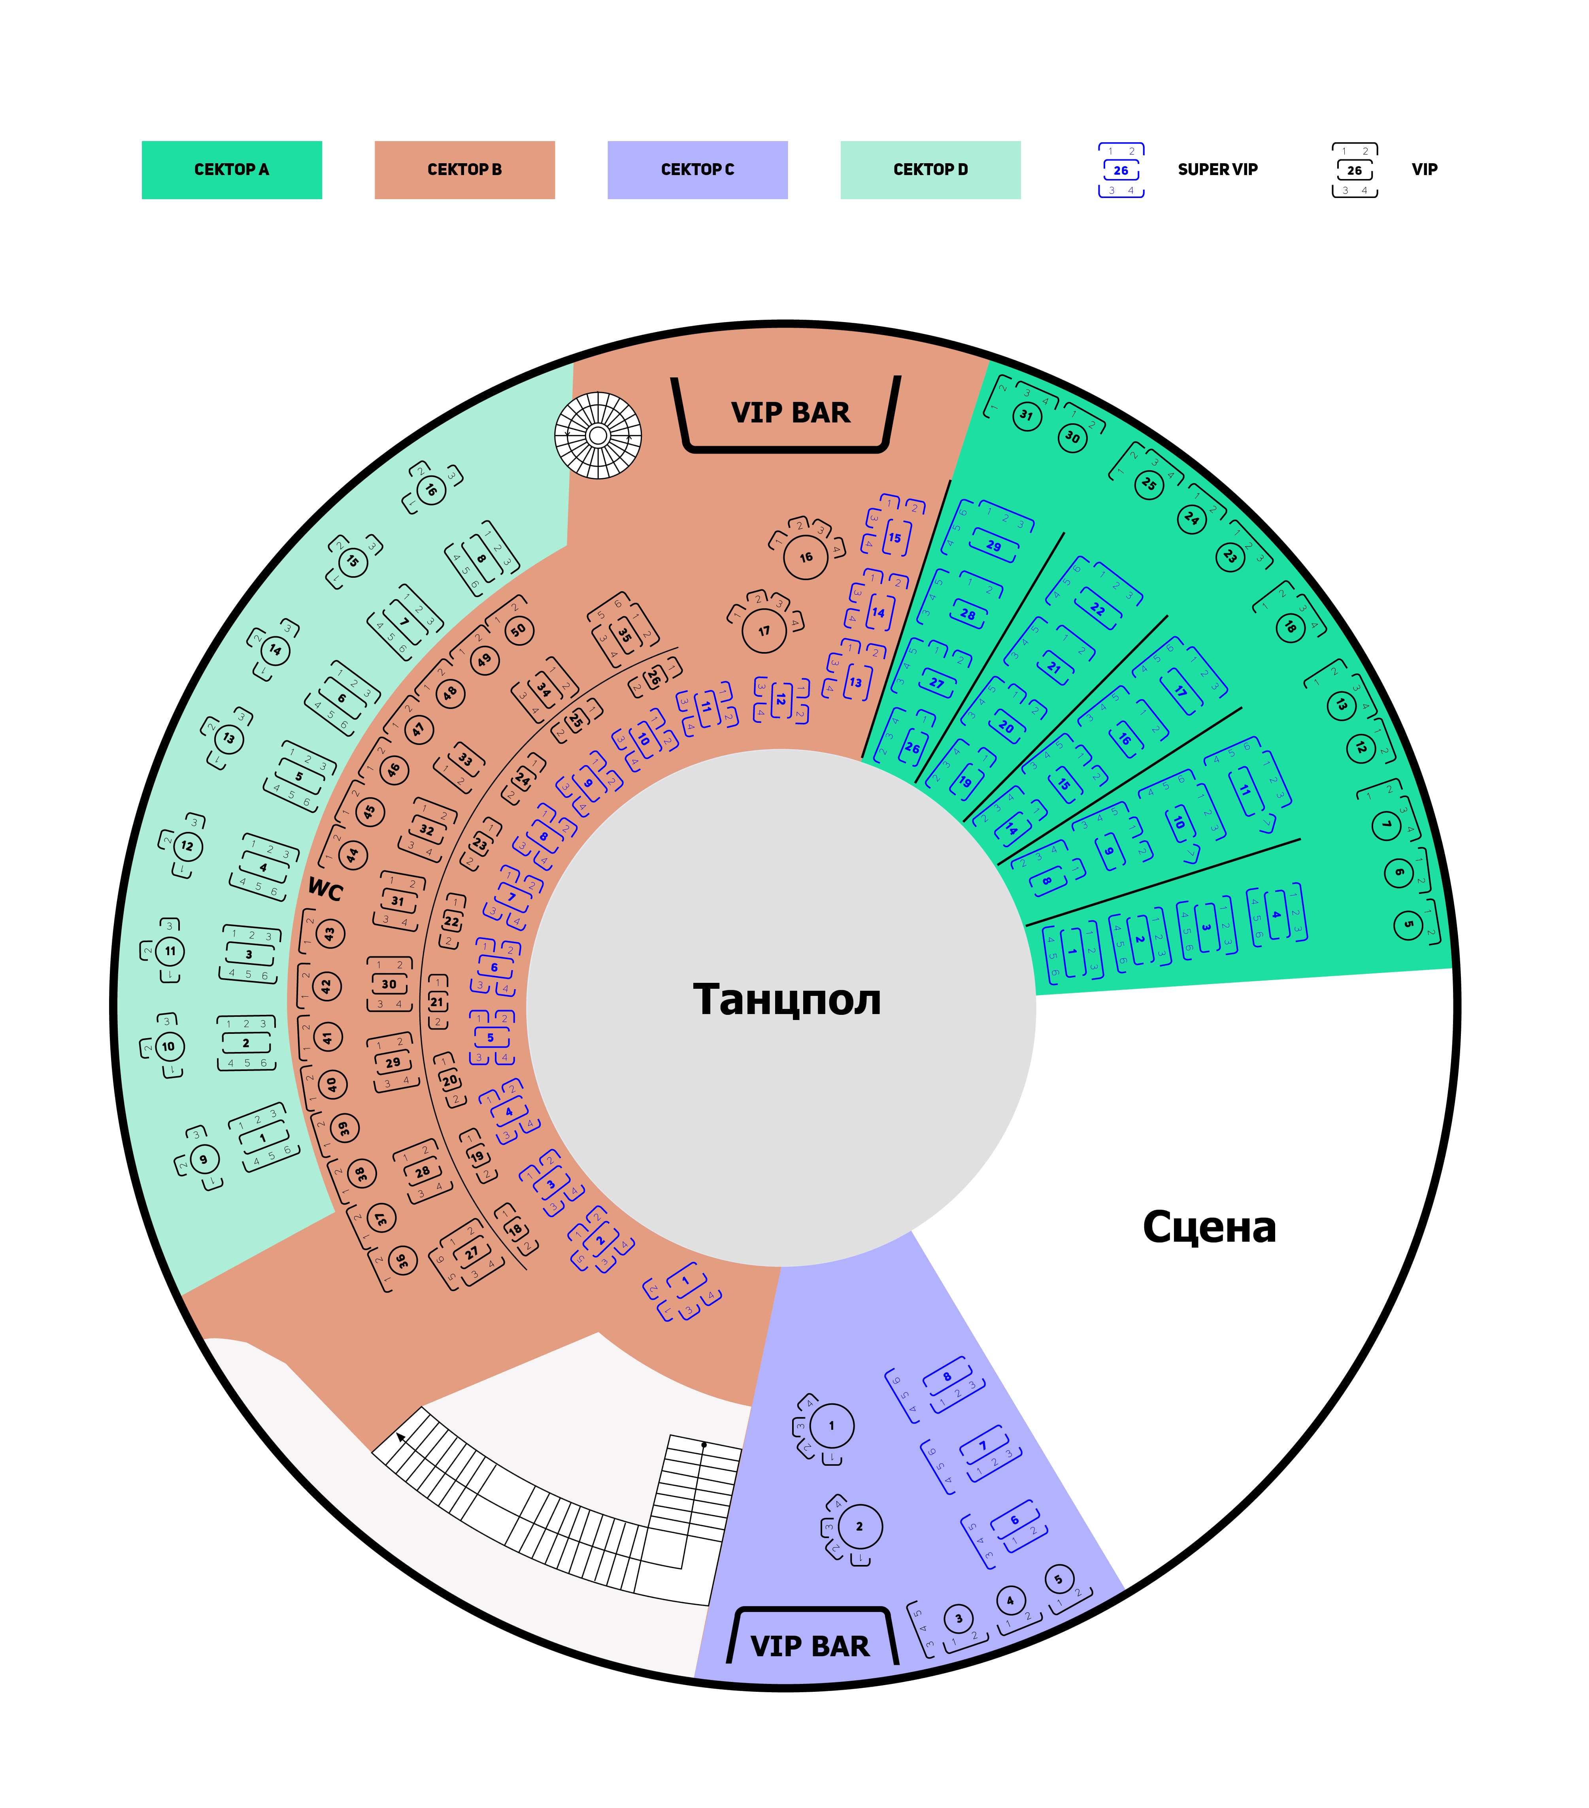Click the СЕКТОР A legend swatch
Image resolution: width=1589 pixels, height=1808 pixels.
click(x=232, y=170)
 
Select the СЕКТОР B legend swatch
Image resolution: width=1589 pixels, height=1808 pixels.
click(x=464, y=170)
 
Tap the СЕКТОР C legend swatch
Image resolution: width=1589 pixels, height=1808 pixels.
click(x=697, y=170)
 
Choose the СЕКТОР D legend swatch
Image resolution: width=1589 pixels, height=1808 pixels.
click(x=930, y=170)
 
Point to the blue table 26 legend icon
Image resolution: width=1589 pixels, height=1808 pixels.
click(x=1121, y=170)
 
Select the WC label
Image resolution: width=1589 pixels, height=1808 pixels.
click(x=325, y=890)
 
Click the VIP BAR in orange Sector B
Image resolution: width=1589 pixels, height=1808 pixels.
click(x=790, y=413)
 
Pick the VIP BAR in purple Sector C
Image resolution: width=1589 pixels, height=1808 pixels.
click(x=810, y=1646)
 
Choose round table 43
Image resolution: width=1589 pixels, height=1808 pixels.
click(x=329, y=933)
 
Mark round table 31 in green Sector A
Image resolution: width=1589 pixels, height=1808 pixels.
click(x=1026, y=415)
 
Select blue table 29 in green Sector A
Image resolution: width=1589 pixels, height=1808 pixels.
click(x=994, y=546)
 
